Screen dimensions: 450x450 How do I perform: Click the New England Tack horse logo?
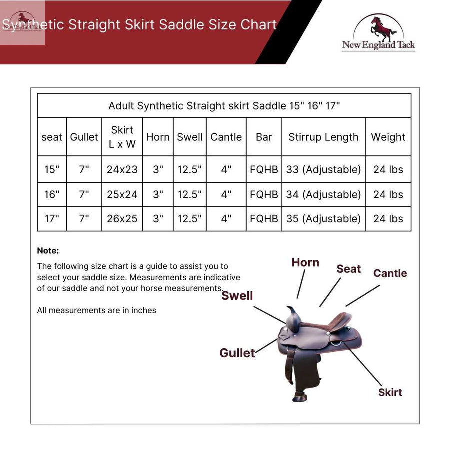[378, 32]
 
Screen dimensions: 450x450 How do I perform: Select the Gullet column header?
[84, 137]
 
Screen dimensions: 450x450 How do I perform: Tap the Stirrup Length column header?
[323, 137]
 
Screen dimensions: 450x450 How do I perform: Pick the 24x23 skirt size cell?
[122, 169]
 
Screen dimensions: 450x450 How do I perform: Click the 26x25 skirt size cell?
[122, 218]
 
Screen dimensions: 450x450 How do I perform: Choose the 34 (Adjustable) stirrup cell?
[323, 194]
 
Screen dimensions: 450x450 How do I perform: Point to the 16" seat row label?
[52, 194]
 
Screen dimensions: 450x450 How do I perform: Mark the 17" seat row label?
[52, 218]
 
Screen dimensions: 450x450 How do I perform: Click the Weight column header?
[388, 137]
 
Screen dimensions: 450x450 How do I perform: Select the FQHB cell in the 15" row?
[264, 169]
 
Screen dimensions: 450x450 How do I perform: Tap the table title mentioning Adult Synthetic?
[224, 106]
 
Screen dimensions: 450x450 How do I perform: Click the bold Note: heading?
[48, 251]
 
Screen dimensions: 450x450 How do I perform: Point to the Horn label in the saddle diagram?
[305, 262]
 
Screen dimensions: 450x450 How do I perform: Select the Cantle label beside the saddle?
[390, 273]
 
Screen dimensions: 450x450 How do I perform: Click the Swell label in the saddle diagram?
[237, 295]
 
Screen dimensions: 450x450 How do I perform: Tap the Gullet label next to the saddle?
[237, 353]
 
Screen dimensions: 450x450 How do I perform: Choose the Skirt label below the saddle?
[390, 392]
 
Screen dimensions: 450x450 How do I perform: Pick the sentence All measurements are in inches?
[96, 310]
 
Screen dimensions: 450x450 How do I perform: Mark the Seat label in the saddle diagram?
[348, 269]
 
